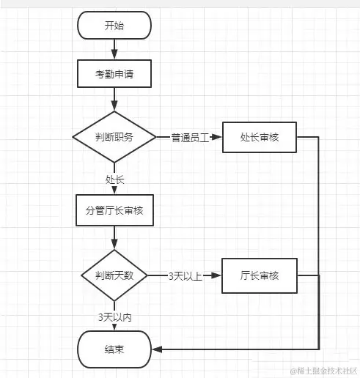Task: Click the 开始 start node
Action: tap(114, 26)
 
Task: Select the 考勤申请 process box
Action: tap(114, 73)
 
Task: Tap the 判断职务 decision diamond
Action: tap(114, 137)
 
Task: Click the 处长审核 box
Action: tap(259, 137)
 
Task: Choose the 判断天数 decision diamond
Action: tap(114, 275)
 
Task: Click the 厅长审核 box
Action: tap(259, 275)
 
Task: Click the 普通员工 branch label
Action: tap(190, 138)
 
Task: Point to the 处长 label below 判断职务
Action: tap(114, 178)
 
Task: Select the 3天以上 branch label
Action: tap(184, 276)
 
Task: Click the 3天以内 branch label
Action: tap(114, 317)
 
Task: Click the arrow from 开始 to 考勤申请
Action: tap(114, 49)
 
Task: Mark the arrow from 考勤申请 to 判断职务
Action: tap(114, 98)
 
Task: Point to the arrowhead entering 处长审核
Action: tap(218, 137)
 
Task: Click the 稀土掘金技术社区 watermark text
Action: tap(322, 371)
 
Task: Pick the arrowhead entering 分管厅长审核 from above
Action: tap(114, 191)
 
